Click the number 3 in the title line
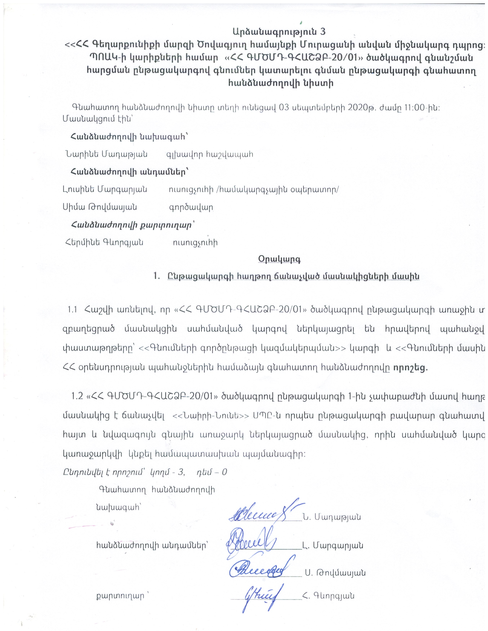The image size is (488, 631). coord(323,32)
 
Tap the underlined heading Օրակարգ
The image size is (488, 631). coord(279,259)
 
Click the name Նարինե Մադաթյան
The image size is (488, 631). coord(106,154)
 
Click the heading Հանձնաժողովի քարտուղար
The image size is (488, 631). coord(131,225)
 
